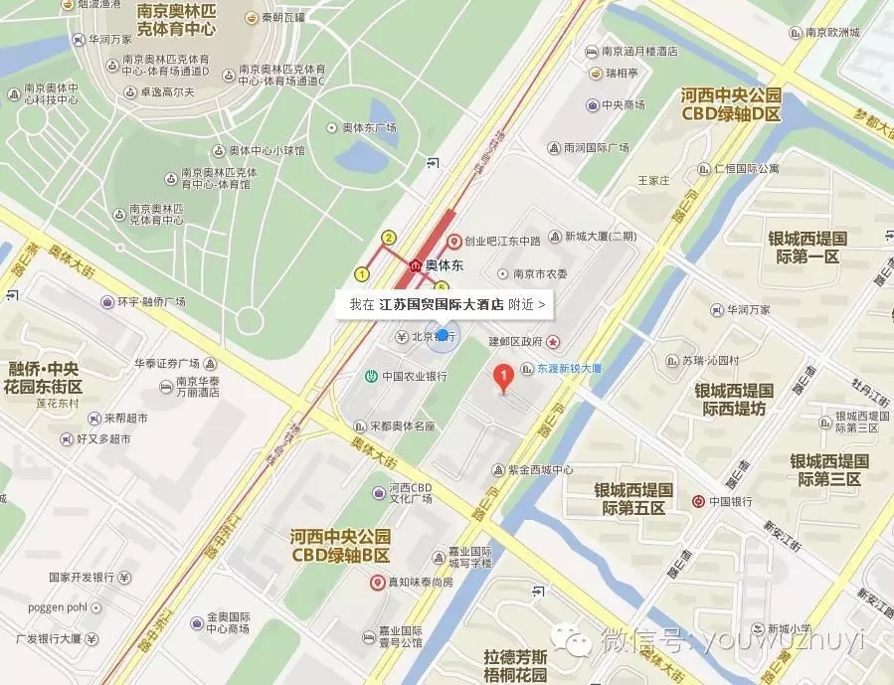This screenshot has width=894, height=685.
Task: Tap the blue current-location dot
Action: tap(442, 337)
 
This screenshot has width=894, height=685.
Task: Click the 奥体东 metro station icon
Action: tap(415, 266)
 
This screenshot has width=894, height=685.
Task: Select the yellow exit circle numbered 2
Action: tap(389, 237)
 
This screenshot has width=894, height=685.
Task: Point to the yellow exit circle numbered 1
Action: tap(362, 273)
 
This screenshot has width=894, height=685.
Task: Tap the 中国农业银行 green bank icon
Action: tap(369, 376)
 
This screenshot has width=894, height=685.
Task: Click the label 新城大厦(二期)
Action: tap(600, 237)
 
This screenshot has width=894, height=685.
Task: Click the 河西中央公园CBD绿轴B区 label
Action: tap(339, 545)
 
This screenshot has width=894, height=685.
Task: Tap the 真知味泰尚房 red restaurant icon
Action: tap(377, 582)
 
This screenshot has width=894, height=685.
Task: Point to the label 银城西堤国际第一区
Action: tap(805, 248)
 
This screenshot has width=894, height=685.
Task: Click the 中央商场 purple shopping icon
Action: tap(593, 104)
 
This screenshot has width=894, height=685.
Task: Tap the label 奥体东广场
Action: tap(369, 127)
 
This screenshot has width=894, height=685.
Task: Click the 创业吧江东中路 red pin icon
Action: tap(453, 241)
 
